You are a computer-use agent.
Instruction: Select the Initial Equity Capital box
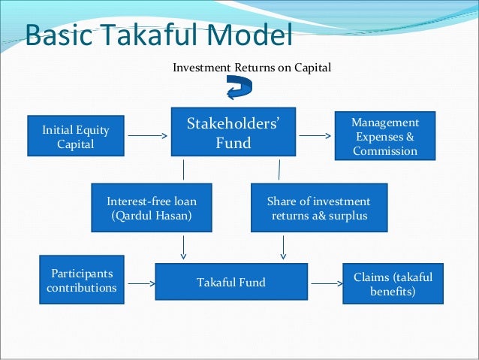(76, 137)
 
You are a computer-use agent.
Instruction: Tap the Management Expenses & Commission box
(385, 136)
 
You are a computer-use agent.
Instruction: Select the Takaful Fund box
(230, 283)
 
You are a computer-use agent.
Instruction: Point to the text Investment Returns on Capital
(252, 68)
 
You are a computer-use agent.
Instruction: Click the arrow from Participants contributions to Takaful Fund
(138, 283)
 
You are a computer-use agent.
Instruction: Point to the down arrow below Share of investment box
(283, 247)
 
